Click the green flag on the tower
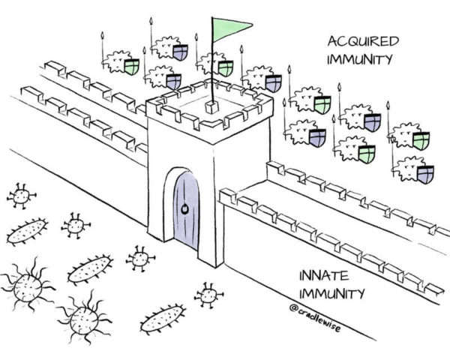click(x=229, y=28)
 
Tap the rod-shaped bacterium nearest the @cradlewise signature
click(x=162, y=318)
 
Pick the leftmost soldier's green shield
click(x=131, y=67)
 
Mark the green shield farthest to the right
click(x=421, y=140)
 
